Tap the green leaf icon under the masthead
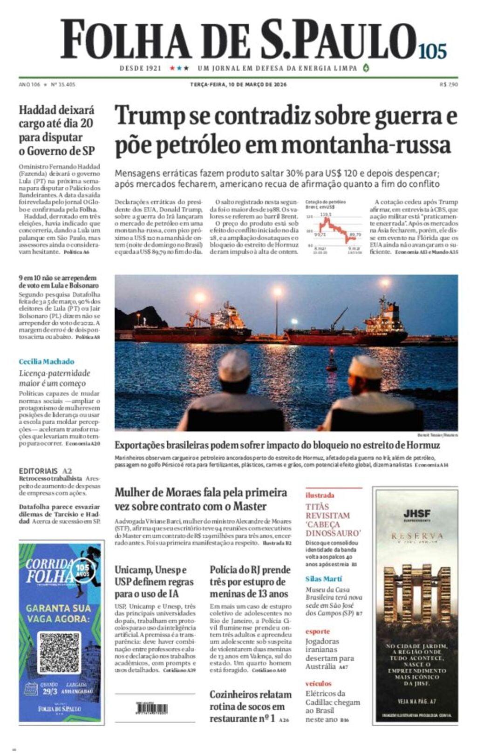(366, 68)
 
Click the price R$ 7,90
(449, 85)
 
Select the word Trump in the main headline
(149, 116)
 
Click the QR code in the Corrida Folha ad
(60, 652)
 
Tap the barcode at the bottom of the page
(152, 708)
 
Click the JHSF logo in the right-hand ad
(417, 514)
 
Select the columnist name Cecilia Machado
(46, 361)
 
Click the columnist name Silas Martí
(324, 579)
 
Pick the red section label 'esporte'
(317, 632)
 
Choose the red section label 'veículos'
(319, 684)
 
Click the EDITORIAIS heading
(39, 471)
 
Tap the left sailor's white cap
(234, 366)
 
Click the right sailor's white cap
(365, 368)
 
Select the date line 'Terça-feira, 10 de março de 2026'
(238, 85)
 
